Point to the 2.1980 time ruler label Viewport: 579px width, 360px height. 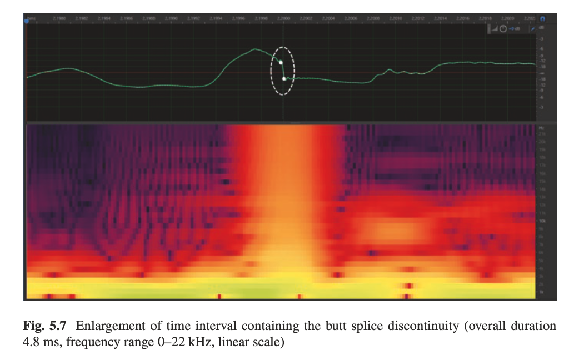coord(59,18)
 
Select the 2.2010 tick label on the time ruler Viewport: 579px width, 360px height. coord(396,18)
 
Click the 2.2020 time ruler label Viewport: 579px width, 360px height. coord(508,18)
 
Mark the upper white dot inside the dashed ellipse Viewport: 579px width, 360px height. coord(281,62)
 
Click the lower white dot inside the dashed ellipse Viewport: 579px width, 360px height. coord(284,79)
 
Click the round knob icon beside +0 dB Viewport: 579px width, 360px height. coord(503,28)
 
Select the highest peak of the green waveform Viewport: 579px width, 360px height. coord(255,49)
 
